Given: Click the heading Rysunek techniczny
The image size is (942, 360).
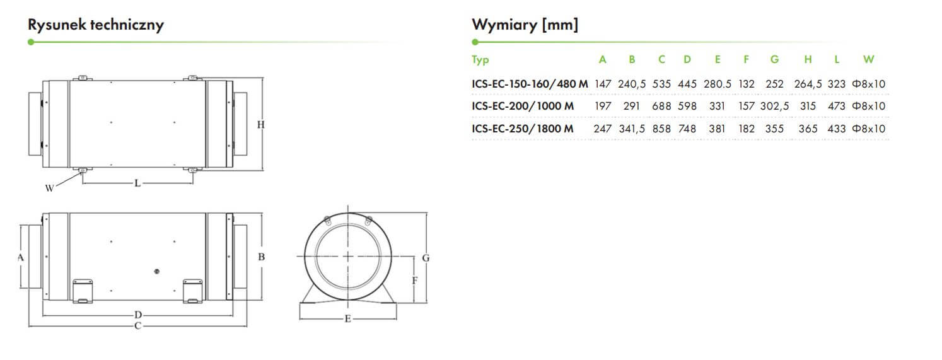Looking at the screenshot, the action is click(x=95, y=25).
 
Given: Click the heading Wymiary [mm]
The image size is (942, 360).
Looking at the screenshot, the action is click(x=525, y=25).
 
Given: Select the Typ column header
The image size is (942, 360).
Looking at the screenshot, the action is click(x=480, y=60).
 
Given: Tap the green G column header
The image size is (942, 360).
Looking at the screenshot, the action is click(x=774, y=59).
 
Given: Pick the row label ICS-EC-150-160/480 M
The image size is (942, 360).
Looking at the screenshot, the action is click(x=530, y=84).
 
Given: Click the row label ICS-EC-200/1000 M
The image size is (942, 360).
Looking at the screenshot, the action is click(x=523, y=106).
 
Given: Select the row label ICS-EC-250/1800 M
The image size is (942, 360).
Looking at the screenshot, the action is click(x=522, y=129).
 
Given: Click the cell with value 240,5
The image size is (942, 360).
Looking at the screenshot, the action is click(x=632, y=84).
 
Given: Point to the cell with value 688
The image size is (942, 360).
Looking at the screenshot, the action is click(x=661, y=106).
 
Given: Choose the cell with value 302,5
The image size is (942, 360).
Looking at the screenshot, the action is click(x=774, y=107).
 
